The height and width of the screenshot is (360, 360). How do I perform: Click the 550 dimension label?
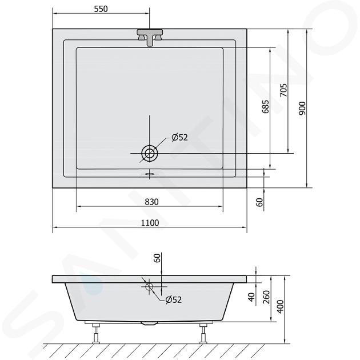pos(101,9)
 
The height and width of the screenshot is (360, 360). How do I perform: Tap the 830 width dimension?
pos(151,202)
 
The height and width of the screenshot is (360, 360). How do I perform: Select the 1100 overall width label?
pos(150,223)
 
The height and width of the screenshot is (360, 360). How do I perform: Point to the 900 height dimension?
pos(302,108)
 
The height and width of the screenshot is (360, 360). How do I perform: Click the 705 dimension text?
pos(284,90)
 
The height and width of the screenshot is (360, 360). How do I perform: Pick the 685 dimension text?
pos(265,106)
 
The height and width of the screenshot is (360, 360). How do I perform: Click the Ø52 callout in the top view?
pos(180,137)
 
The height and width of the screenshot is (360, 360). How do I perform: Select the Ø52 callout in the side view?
pos(174,299)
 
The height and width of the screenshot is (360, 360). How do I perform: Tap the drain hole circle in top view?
pos(150,153)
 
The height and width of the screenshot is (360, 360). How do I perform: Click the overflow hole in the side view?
pos(149,286)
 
